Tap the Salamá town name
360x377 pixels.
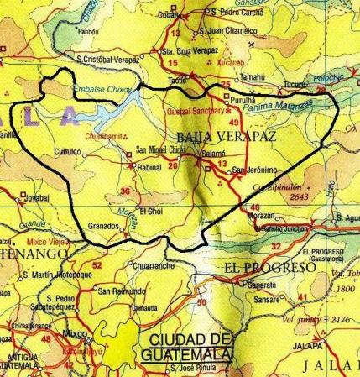tap(215, 155)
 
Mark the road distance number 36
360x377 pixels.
tap(124, 191)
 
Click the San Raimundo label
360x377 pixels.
tap(123, 291)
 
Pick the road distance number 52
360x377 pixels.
tap(97, 266)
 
